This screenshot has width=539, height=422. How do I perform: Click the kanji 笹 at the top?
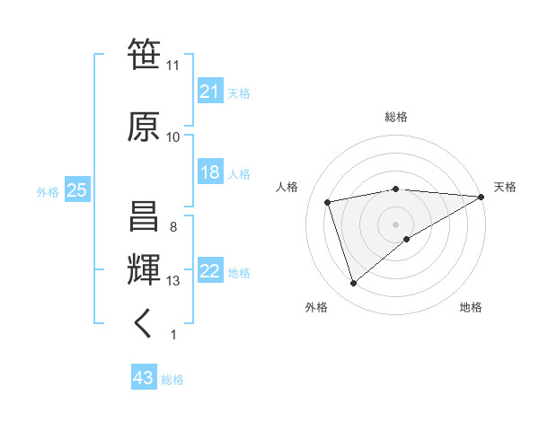coord(144,55)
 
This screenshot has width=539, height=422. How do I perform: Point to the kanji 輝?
coord(144,268)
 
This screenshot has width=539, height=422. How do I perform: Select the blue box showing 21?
coord(210,92)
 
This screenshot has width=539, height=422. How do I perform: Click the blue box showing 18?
coord(210,172)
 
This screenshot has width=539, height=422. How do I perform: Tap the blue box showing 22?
coord(210,272)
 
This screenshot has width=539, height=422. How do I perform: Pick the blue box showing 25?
coord(76,190)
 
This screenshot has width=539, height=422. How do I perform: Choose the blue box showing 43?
coord(144,379)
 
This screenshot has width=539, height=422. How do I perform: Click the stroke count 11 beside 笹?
coord(172,66)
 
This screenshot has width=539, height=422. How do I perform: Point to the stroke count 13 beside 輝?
coord(173,281)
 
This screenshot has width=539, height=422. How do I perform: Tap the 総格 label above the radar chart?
coord(396,117)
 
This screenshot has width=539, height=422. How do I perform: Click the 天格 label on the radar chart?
coord(505,187)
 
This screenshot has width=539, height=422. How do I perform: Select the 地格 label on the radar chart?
coord(471,307)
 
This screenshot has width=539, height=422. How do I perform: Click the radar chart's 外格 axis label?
coord(316,307)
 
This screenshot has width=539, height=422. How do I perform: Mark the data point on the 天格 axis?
coord(482,197)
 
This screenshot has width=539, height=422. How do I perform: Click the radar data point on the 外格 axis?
coord(353,284)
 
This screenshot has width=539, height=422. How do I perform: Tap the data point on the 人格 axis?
coord(329,202)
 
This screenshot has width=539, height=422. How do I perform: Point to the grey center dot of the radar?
coord(395,224)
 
